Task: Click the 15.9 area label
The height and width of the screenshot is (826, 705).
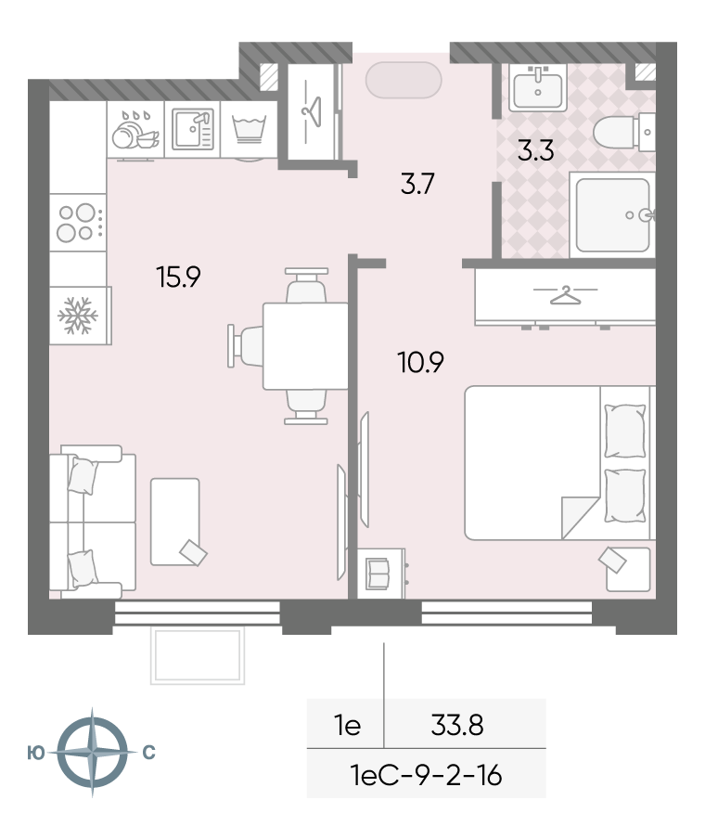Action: [178, 277]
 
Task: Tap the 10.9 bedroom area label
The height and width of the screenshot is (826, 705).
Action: [421, 363]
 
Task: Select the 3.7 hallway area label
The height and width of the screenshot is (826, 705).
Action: [417, 185]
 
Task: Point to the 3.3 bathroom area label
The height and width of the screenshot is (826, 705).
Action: [535, 150]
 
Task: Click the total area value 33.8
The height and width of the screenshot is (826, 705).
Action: [457, 725]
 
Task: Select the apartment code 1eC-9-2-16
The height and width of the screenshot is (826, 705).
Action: [426, 776]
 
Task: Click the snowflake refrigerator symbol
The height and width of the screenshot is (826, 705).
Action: [78, 316]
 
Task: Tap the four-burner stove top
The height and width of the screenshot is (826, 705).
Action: [79, 223]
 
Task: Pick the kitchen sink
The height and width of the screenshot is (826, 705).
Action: [193, 129]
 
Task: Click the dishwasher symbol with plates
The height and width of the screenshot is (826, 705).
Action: [135, 130]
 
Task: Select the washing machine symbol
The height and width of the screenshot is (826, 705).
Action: [249, 130]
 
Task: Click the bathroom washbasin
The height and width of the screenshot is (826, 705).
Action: [538, 88]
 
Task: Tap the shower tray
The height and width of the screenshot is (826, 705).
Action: [612, 215]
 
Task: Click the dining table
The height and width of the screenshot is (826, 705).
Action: [305, 346]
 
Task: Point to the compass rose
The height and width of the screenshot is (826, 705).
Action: [93, 753]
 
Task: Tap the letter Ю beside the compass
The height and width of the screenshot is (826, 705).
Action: [36, 753]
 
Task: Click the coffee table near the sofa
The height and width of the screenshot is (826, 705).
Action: [175, 522]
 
